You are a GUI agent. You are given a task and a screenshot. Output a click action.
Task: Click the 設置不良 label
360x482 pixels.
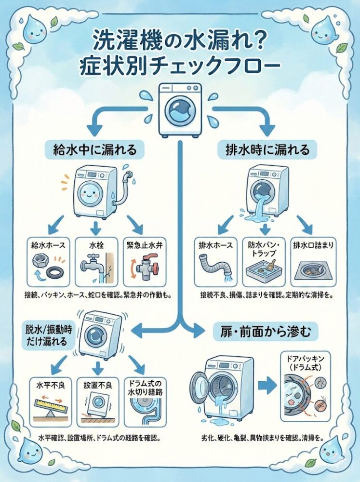98,385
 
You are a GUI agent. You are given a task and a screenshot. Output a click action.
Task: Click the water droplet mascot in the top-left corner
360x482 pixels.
35,29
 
